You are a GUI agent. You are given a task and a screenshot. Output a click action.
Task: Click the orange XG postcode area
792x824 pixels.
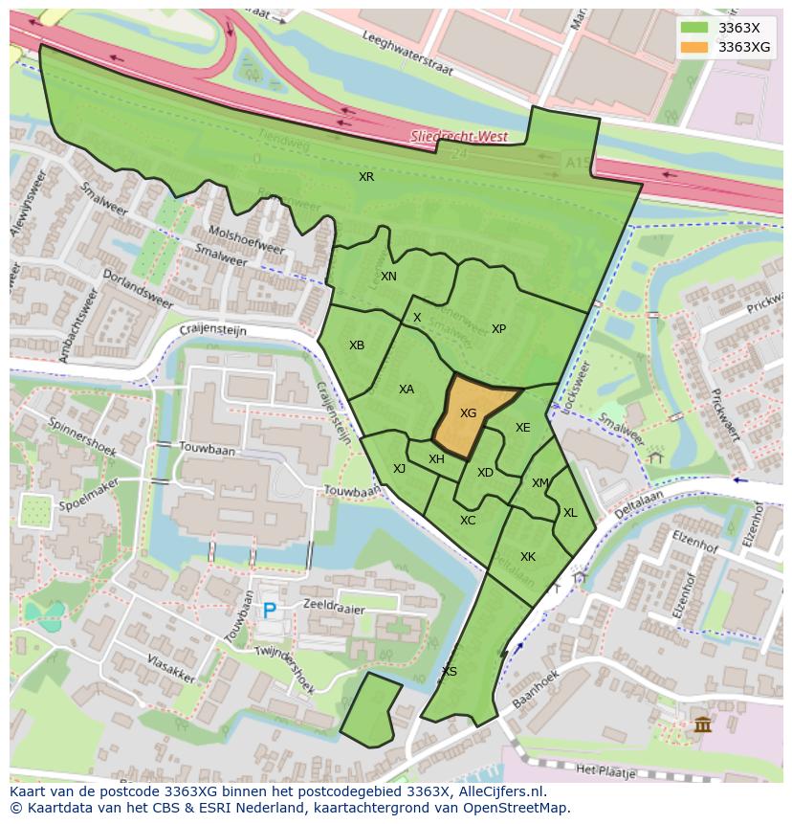point(469,414)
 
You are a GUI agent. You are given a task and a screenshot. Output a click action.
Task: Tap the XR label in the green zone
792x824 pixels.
point(366,177)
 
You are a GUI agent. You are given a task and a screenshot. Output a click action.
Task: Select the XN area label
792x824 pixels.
point(388,277)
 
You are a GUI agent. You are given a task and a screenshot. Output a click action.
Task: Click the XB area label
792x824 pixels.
point(357,345)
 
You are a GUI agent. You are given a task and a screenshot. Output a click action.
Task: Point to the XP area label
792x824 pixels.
point(498,329)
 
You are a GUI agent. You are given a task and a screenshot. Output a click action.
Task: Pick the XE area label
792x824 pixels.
point(522,428)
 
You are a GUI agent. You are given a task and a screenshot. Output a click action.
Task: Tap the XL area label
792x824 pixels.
point(570,513)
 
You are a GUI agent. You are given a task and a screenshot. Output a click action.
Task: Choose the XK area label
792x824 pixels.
point(528,557)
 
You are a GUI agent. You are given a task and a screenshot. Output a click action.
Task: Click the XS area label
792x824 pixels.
point(449,671)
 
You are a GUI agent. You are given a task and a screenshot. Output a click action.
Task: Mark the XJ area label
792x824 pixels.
point(399,469)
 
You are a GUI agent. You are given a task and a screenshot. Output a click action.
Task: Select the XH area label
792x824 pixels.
point(436,459)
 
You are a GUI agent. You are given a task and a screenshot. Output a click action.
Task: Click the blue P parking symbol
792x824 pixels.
point(269,610)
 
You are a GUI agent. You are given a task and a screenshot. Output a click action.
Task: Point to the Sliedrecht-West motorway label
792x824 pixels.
point(458,137)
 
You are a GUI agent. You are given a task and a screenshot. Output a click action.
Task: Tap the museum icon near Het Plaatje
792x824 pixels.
point(703,724)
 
